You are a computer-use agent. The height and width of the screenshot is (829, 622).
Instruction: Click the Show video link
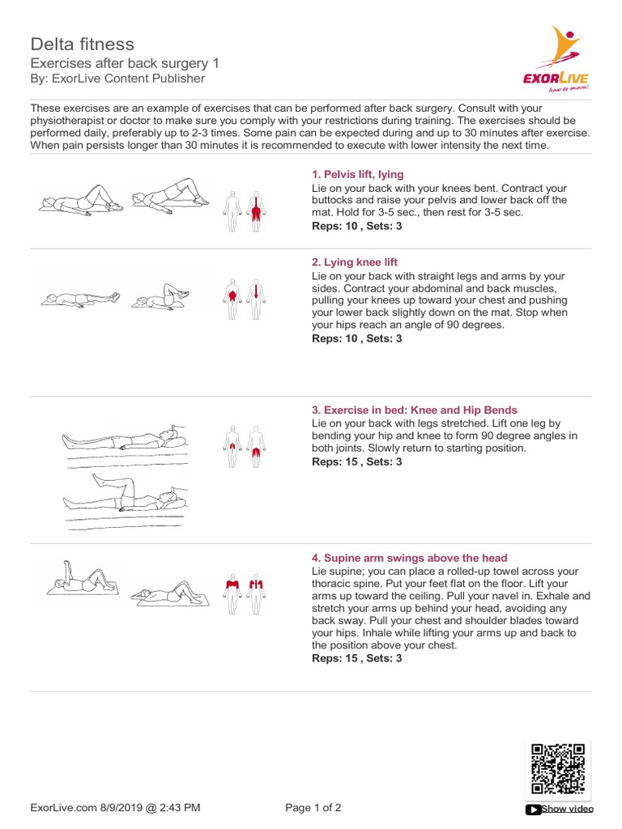coord(560,809)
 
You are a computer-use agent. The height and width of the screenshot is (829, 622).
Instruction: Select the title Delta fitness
coord(82,44)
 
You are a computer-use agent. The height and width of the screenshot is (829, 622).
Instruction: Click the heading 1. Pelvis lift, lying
coord(357,174)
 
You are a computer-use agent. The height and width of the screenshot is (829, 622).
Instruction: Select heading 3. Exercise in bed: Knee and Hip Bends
coord(414,410)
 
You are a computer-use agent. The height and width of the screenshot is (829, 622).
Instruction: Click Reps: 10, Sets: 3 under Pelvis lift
coord(356,226)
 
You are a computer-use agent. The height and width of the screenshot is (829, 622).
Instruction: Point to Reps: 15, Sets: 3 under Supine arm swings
coord(356,658)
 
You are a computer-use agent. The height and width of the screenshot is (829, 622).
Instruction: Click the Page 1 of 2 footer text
coord(313,807)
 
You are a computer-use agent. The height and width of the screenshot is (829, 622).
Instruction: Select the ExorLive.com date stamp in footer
coord(115,807)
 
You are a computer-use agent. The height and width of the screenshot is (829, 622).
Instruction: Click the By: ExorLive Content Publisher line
coord(117,79)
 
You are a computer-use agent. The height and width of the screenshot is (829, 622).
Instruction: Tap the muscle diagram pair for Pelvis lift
coord(245,210)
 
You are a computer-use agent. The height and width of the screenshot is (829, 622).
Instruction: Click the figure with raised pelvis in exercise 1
coord(168,198)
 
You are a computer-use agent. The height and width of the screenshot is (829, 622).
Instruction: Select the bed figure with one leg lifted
coord(126,495)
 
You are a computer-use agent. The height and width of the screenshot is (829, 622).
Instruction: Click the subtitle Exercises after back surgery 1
coord(124,63)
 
